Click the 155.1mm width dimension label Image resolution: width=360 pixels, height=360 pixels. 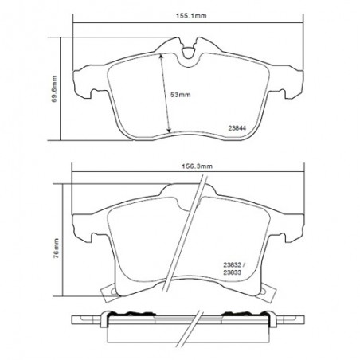pos(191,16)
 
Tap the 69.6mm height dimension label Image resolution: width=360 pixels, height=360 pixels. pos(54,89)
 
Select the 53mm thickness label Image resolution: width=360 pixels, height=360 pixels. pos(181,95)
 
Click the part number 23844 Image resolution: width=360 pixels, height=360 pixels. pos(237,128)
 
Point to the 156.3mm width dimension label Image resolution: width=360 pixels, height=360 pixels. pos(198,166)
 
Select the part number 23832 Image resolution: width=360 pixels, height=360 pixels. pos(232,264)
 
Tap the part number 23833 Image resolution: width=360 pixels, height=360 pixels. pos(232,272)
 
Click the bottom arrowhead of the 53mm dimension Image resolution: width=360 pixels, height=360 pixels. pos(169,130)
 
